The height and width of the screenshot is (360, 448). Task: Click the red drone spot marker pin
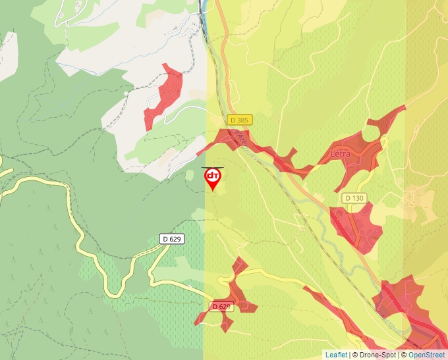click(x=213, y=178)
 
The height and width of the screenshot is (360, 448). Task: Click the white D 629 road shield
click(x=172, y=239)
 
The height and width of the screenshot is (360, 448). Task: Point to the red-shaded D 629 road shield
click(x=222, y=307)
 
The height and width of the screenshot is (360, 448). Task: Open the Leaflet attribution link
click(x=336, y=355)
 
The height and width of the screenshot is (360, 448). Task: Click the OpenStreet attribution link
click(x=428, y=355)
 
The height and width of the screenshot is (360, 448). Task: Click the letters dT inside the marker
click(x=213, y=175)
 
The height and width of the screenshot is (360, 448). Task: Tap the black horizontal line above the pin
click(x=213, y=168)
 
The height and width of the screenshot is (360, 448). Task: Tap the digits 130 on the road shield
click(x=358, y=197)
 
